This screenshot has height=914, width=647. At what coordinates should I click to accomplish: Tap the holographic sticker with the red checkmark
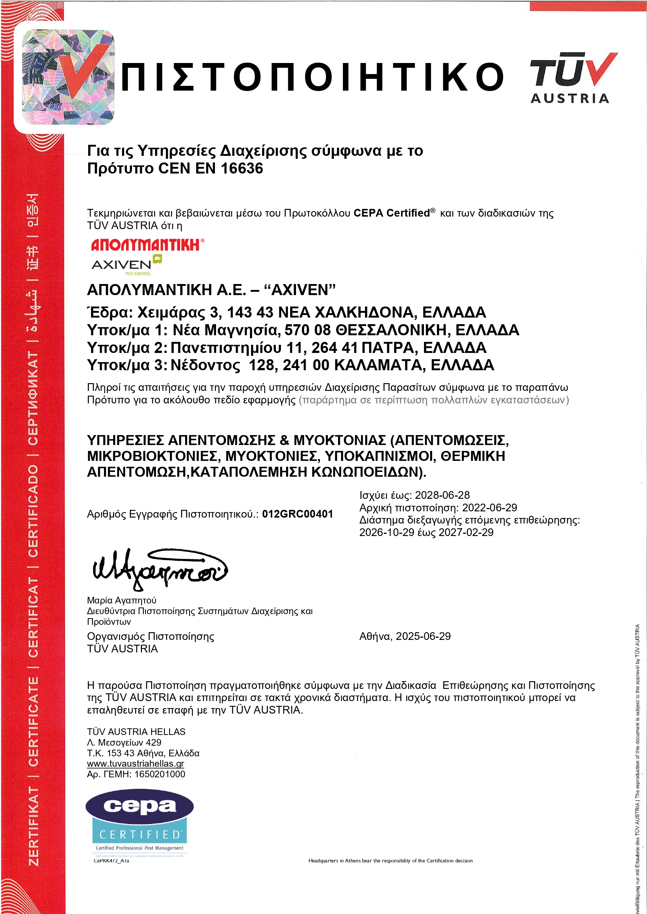(68, 77)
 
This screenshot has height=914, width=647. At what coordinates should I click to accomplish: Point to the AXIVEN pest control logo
(127, 265)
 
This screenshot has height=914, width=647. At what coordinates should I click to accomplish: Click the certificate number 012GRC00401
(297, 514)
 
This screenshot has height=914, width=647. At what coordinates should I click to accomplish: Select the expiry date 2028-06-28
(442, 495)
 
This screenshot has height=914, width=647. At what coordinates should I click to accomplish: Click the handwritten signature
(159, 569)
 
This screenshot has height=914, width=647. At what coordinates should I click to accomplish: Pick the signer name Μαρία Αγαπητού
(122, 600)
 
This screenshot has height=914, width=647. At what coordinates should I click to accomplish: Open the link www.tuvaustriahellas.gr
(135, 764)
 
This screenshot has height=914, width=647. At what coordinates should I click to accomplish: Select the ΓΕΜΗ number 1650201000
(160, 774)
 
